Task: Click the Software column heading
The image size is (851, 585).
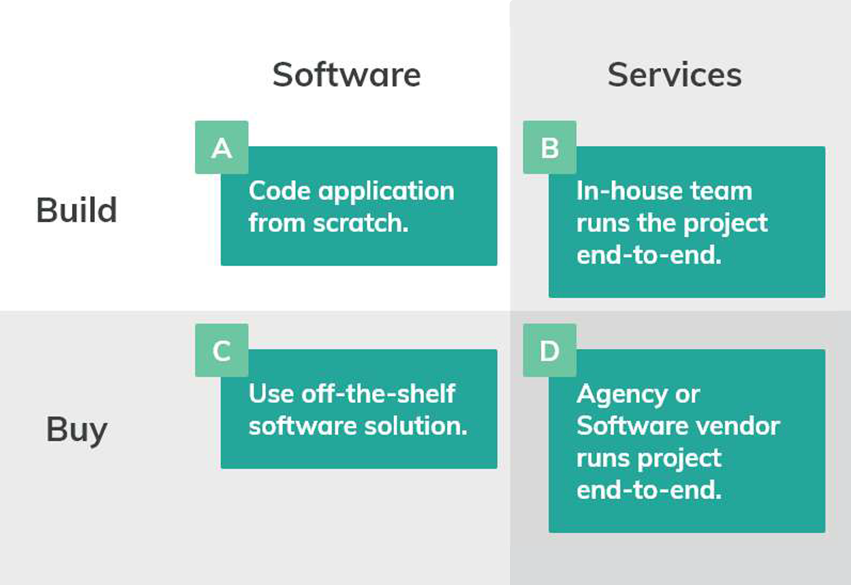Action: point(346,74)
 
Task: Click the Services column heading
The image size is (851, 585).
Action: point(674,74)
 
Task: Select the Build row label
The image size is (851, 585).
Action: point(77,210)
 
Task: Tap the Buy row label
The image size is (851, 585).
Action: point(77,430)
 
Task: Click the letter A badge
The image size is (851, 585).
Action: point(222,148)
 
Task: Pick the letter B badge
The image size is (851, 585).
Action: point(549,148)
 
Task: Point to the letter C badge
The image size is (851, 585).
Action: point(222,351)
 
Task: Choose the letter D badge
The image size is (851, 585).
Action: point(549,351)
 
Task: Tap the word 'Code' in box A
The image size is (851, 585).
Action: point(280,191)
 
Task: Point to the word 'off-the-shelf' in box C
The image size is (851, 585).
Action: point(378,394)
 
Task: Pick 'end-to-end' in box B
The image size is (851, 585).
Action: point(648,255)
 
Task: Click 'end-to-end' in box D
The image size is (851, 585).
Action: point(648,490)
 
